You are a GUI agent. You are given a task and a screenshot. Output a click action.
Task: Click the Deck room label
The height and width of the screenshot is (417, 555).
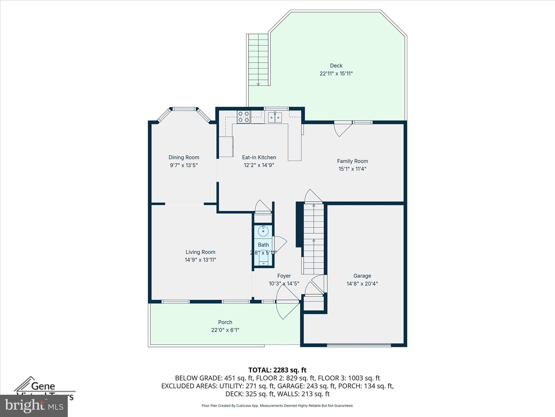pyautogui.click(x=336, y=66)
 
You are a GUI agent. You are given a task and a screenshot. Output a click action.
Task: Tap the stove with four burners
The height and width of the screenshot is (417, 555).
pyautogui.click(x=243, y=117)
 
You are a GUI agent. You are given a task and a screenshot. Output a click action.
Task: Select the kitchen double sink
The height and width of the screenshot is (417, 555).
pyautogui.click(x=275, y=118)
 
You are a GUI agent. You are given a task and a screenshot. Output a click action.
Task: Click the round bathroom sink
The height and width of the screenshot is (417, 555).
pyautogui.click(x=263, y=231)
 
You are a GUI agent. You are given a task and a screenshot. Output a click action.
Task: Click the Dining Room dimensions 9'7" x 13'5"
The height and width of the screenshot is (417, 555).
pyautogui.click(x=184, y=165)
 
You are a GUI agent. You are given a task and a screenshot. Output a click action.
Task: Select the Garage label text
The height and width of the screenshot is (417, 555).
pyautogui.click(x=362, y=276)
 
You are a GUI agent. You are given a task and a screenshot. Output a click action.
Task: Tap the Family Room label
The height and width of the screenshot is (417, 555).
pyautogui.click(x=352, y=161)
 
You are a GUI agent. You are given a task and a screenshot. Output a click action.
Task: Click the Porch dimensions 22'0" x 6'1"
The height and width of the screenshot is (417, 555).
pyautogui.click(x=225, y=330)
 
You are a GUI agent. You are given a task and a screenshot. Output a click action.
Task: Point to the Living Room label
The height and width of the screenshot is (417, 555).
pyautogui.click(x=200, y=252)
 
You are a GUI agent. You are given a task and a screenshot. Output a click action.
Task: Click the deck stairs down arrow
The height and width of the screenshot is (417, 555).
pyautogui.click(x=258, y=83)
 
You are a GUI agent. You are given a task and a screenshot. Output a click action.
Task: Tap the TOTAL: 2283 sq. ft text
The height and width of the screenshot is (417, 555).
pyautogui.click(x=277, y=370)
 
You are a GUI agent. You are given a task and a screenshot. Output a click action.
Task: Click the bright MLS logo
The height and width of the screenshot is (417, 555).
pyautogui.click(x=34, y=406)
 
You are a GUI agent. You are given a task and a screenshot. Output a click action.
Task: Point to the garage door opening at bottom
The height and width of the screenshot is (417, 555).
pyautogui.click(x=359, y=345)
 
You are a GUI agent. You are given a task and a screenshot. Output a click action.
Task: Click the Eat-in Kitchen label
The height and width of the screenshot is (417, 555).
pyautogui.click(x=259, y=157)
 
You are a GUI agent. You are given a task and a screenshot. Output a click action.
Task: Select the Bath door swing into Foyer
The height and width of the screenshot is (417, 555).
pyautogui.click(x=280, y=243)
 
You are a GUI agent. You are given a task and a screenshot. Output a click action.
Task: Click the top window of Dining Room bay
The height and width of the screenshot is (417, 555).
pyautogui.click(x=184, y=109)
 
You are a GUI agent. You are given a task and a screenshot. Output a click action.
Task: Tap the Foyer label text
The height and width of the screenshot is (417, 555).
pyautogui.click(x=284, y=276)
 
